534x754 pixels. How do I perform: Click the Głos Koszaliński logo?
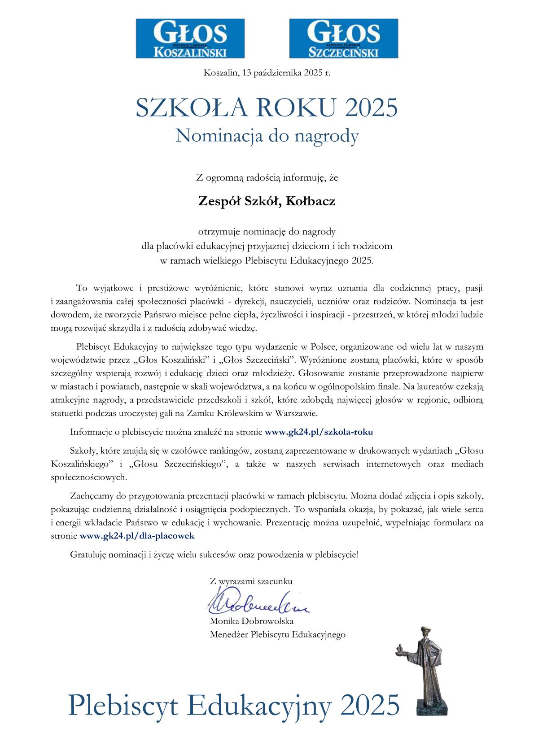(x=190, y=38)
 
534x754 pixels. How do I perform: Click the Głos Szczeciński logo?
(x=343, y=38)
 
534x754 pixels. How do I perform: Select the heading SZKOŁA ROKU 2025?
(x=267, y=108)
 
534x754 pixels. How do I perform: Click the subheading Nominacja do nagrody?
(x=267, y=135)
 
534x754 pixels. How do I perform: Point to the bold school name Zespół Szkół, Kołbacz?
(x=267, y=201)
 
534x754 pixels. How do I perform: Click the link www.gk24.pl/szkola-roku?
(x=319, y=432)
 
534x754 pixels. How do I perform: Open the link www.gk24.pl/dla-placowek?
(x=137, y=535)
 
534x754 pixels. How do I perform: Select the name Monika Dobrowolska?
(x=251, y=621)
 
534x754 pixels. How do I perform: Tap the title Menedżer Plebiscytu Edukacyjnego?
(x=277, y=634)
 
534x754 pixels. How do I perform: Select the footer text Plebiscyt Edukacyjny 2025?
(x=233, y=705)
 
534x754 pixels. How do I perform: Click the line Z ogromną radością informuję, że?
(x=267, y=178)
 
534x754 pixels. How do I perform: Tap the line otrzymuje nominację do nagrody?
(x=267, y=232)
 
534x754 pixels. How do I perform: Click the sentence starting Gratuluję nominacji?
(x=214, y=555)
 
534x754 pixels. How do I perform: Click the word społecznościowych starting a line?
(x=89, y=477)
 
